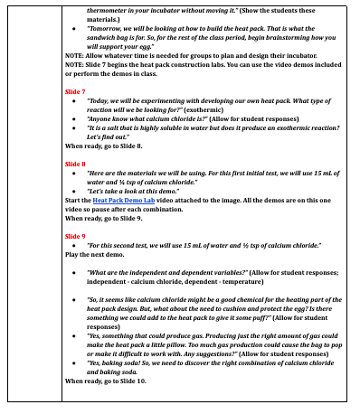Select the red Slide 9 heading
pos(75,234)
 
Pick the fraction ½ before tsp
pos(277,245)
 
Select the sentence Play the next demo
pos(96,255)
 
